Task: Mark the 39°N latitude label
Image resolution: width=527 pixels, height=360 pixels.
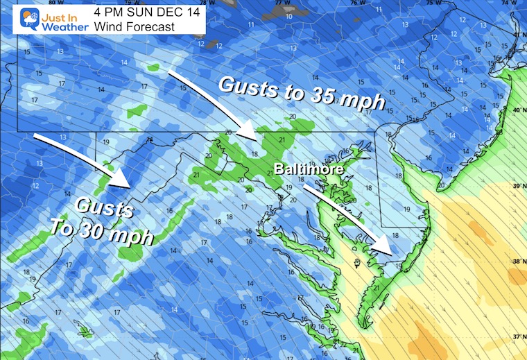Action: pyautogui.click(x=517, y=187)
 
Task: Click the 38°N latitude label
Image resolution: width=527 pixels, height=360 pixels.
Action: pyautogui.click(x=517, y=262)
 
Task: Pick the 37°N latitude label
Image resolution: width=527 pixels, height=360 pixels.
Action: pyautogui.click(x=517, y=337)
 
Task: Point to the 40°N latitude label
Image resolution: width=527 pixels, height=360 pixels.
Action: pyautogui.click(x=517, y=110)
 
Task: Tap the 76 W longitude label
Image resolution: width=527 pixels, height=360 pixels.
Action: pyautogui.click(x=356, y=3)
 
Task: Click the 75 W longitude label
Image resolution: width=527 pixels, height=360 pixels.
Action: pyautogui.click(x=430, y=3)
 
